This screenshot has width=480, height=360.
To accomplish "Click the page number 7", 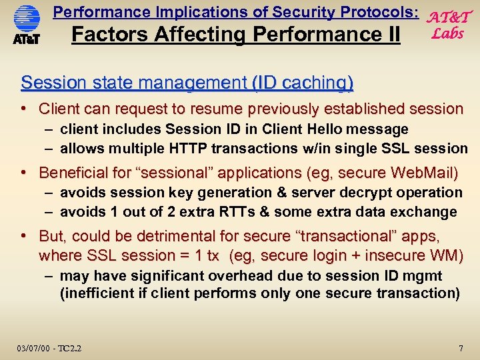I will [x=461, y=349].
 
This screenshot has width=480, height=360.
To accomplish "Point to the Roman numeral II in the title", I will [x=389, y=34].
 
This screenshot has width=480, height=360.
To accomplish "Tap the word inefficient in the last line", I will [x=95, y=293].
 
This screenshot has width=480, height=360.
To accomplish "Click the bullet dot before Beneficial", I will [x=24, y=173].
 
